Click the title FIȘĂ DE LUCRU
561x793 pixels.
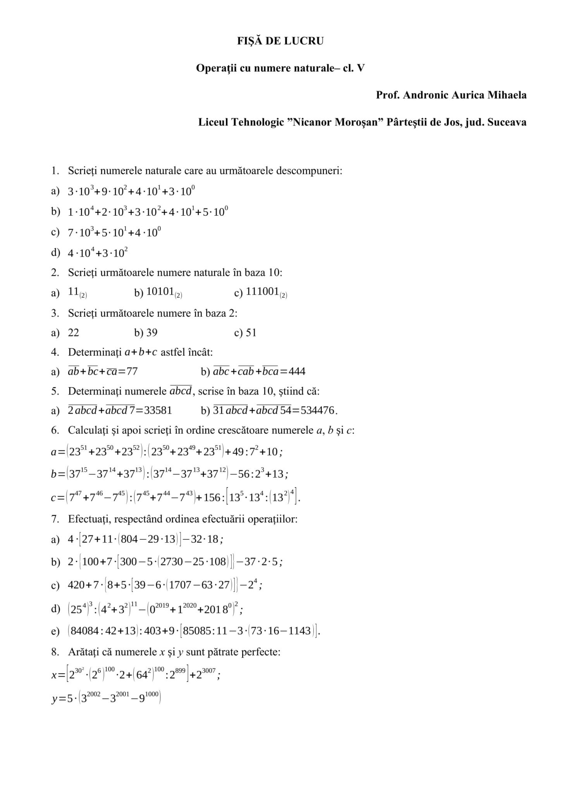click(x=280, y=41)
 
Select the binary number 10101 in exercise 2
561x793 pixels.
click(x=160, y=292)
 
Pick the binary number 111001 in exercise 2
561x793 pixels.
click(x=262, y=292)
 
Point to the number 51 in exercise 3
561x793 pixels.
click(x=251, y=333)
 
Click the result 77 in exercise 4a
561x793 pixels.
click(x=132, y=371)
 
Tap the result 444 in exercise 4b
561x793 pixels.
click(x=297, y=371)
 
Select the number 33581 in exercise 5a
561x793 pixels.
click(x=158, y=410)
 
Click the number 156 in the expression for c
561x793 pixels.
click(x=212, y=497)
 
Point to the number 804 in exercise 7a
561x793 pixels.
click(x=129, y=539)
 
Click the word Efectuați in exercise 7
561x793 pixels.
click(x=88, y=519)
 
